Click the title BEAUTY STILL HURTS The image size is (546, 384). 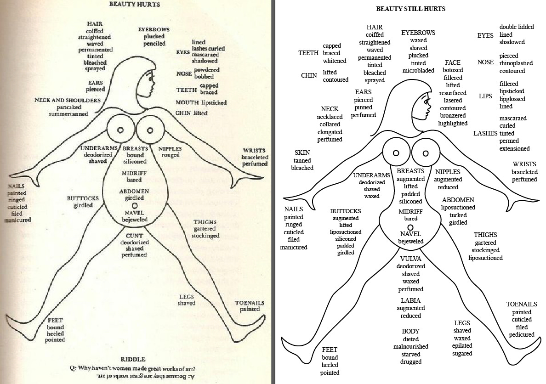(x=410, y=9)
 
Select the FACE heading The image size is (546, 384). (x=452, y=62)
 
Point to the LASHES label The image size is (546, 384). (x=485, y=133)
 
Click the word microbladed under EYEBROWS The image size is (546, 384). (x=418, y=70)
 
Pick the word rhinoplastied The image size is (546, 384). (x=516, y=63)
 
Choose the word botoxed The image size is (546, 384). (x=453, y=70)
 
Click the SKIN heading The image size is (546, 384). (x=302, y=152)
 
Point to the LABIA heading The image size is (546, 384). (x=410, y=300)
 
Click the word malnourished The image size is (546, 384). (x=410, y=346)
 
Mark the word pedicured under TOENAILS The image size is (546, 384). (x=522, y=334)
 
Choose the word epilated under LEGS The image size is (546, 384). (x=462, y=346)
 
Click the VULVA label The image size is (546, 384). (x=410, y=259)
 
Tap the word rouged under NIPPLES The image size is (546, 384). (x=170, y=155)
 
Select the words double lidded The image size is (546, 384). (x=517, y=27)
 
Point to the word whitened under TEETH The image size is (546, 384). (x=334, y=61)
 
